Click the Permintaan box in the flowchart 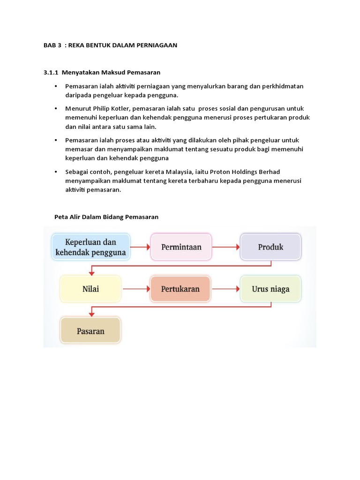(x=181, y=247)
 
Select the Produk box (x=270, y=247)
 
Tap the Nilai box (x=90, y=289)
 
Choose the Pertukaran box (x=180, y=289)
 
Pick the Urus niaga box (x=270, y=289)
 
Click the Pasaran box (x=90, y=331)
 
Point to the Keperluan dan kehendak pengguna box (x=90, y=247)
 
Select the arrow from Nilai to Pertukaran (x=135, y=289)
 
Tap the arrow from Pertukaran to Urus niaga (x=225, y=289)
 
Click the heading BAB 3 (x=52, y=45)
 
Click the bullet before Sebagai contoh (x=56, y=172)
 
